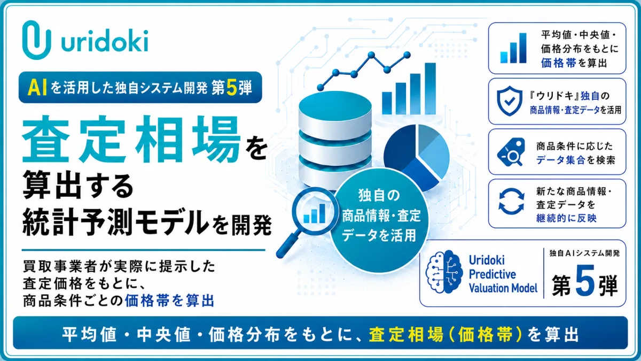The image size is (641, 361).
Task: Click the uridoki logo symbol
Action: click(x=37, y=40)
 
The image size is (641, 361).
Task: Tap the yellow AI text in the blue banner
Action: click(x=37, y=87)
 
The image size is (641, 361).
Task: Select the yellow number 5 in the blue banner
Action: click(x=231, y=87)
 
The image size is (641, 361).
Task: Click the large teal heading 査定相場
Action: click(x=131, y=140)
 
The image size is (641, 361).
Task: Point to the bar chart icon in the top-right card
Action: click(x=513, y=48)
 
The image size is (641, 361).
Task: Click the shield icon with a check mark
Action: click(x=510, y=101)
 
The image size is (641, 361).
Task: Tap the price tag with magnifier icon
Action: click(x=511, y=152)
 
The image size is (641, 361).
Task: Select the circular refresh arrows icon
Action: click(x=511, y=202)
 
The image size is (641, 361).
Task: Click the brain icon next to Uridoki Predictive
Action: click(x=444, y=272)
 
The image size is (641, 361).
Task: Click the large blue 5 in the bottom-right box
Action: click(x=585, y=280)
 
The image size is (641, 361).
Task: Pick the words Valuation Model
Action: click(x=503, y=288)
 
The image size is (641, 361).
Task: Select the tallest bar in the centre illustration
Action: click(x=430, y=89)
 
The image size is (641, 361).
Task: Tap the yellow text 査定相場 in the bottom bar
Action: click(x=406, y=334)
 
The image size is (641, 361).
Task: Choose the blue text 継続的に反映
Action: click(x=566, y=218)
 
